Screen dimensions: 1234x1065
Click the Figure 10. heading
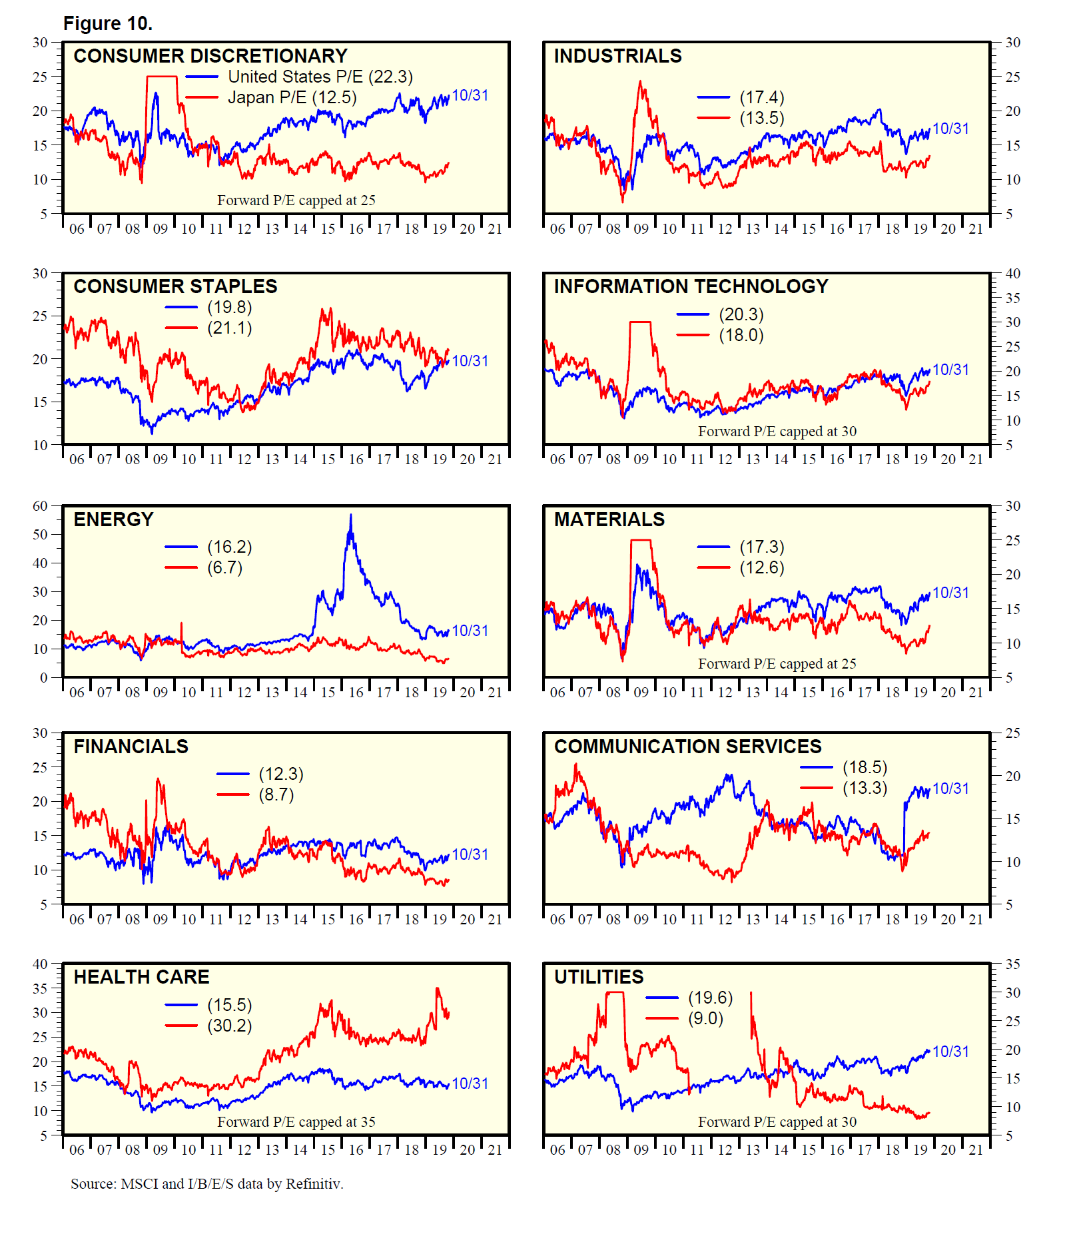pyautogui.click(x=107, y=24)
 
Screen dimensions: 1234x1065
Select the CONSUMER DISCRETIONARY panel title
pyautogui.click(x=210, y=56)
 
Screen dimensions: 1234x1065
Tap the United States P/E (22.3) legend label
pyautogui.click(x=320, y=77)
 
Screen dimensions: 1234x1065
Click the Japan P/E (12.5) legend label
pyautogui.click(x=292, y=98)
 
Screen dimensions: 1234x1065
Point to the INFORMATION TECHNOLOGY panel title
pyautogui.click(x=691, y=286)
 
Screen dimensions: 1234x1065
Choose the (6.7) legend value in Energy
pyautogui.click(x=224, y=568)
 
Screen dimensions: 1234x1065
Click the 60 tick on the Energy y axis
pyautogui.click(x=41, y=506)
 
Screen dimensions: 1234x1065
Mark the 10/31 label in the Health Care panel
pyautogui.click(x=470, y=1084)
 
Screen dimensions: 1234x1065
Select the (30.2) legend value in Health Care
pyautogui.click(x=229, y=1026)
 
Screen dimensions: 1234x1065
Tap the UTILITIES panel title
pyautogui.click(x=599, y=978)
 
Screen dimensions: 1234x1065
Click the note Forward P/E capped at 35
pyautogui.click(x=296, y=1122)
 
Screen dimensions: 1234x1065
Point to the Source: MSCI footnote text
pyautogui.click(x=206, y=1184)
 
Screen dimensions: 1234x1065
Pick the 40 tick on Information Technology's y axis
pyautogui.click(x=1012, y=274)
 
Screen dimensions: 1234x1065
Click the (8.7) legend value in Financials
pyautogui.click(x=276, y=795)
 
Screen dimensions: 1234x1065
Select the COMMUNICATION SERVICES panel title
pyautogui.click(x=687, y=747)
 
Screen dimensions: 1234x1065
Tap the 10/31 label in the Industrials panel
pyautogui.click(x=950, y=129)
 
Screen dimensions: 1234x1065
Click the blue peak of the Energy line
pyautogui.click(x=351, y=515)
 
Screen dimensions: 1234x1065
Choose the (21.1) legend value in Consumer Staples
pyautogui.click(x=229, y=328)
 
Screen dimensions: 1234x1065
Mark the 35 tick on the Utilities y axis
pyautogui.click(x=1012, y=964)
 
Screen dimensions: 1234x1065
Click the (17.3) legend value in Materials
pyautogui.click(x=762, y=547)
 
